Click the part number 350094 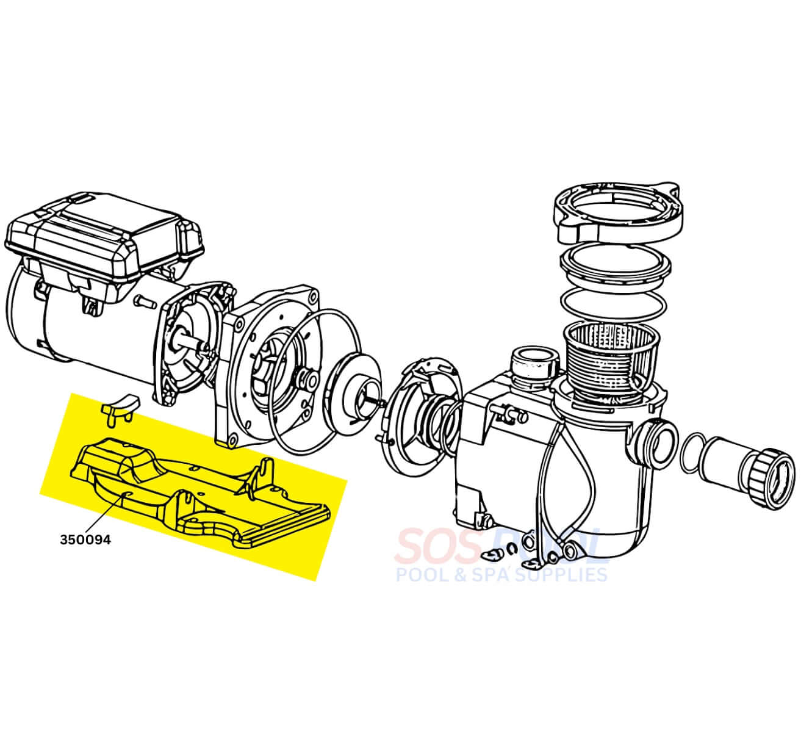(85, 539)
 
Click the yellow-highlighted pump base (196, 491)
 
